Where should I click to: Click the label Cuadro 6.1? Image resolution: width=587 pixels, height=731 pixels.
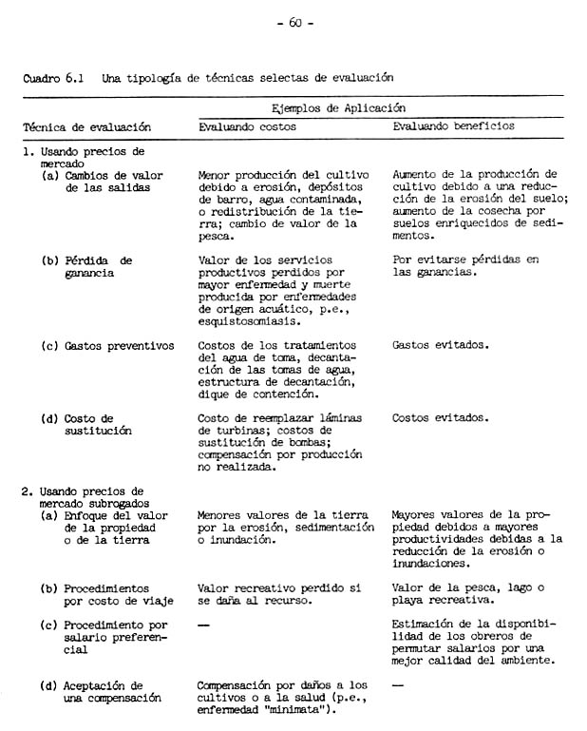click(53, 77)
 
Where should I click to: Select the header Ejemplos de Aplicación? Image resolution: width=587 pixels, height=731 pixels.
click(338, 108)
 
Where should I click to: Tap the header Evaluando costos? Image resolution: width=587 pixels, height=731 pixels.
click(247, 125)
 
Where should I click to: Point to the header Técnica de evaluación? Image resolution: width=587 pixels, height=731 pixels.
click(86, 126)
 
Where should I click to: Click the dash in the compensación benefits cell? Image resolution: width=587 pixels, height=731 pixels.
click(398, 684)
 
